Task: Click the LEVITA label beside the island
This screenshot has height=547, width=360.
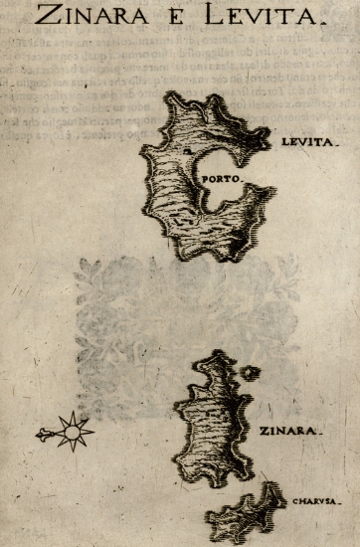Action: [311, 143]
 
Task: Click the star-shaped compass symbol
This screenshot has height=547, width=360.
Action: [73, 431]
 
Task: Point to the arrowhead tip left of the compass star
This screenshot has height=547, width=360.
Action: [39, 434]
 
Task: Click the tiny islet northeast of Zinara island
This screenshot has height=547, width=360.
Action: [250, 372]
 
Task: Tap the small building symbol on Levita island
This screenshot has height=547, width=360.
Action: [186, 150]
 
